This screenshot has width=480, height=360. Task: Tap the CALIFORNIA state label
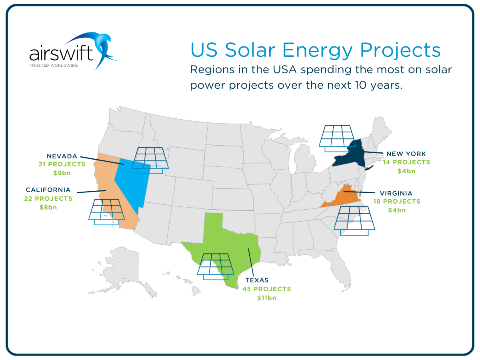pyautogui.click(x=48, y=190)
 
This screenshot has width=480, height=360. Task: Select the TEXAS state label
pyautogui.click(x=257, y=280)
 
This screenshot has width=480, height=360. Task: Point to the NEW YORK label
pyautogui.click(x=406, y=154)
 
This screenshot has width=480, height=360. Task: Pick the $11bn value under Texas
pyautogui.click(x=266, y=298)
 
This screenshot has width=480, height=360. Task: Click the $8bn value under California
pyautogui.click(x=48, y=207)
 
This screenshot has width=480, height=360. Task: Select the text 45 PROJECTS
pyautogui.click(x=266, y=289)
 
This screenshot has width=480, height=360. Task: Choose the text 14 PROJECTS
pyautogui.click(x=406, y=162)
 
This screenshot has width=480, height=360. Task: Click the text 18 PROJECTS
pyautogui.click(x=397, y=201)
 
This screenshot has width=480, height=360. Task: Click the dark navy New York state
pyautogui.click(x=352, y=156)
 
